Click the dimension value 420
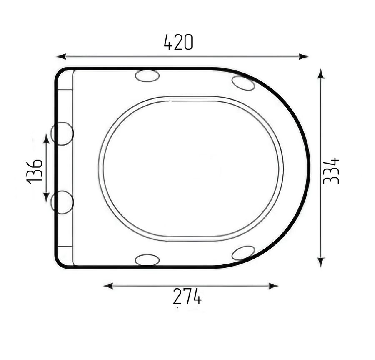click(x=178, y=42)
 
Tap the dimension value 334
click(x=331, y=171)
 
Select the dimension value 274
click(x=187, y=296)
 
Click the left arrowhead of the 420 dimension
click(x=61, y=57)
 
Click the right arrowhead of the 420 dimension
click(x=304, y=57)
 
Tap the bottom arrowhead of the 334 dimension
click(x=321, y=262)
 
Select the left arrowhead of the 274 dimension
click(x=108, y=286)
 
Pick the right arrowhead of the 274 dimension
click(x=273, y=286)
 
